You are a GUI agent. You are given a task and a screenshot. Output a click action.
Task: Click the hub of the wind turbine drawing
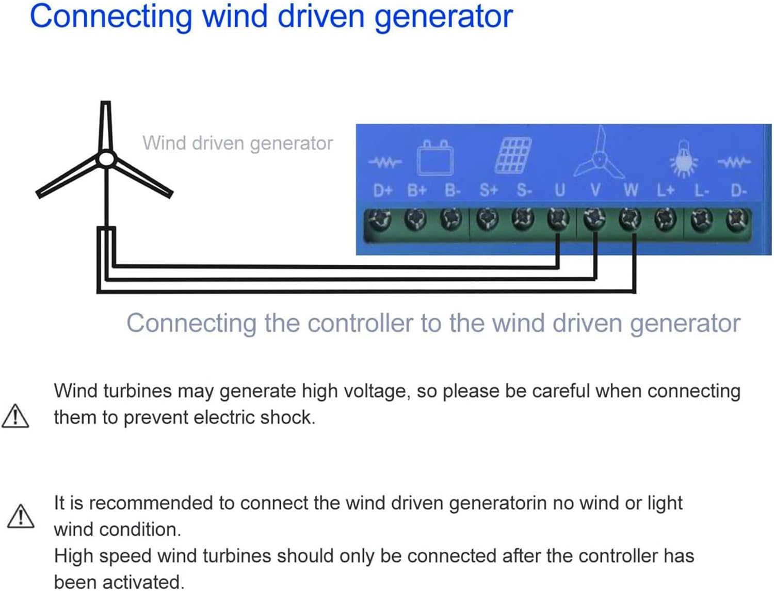[x=106, y=158]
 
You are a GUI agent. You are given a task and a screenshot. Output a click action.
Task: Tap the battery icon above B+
[x=436, y=158]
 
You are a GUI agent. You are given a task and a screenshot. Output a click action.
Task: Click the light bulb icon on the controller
[x=684, y=160]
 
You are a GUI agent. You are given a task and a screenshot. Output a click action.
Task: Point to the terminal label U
[x=560, y=190]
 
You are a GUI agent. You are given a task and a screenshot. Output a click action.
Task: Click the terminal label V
[x=595, y=190]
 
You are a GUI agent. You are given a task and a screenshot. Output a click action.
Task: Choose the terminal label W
[x=631, y=190]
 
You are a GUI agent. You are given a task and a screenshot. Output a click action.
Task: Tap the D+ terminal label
[x=382, y=191]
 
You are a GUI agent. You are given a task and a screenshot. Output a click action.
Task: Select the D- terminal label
[x=738, y=191]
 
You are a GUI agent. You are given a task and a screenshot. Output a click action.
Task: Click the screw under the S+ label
[x=488, y=219]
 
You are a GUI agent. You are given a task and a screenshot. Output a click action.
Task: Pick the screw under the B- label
[x=451, y=219]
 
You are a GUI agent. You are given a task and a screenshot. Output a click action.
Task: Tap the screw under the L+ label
[x=665, y=219]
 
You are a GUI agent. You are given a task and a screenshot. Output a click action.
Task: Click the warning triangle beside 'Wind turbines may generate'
[x=15, y=417]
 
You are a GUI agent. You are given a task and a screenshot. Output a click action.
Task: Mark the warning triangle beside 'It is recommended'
[x=21, y=516]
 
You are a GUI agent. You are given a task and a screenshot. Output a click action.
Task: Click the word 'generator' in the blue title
[x=443, y=17]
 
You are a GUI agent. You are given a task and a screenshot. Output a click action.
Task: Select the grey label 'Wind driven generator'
[x=237, y=143]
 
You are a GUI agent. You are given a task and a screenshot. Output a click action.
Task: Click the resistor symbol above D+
[x=384, y=163]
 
